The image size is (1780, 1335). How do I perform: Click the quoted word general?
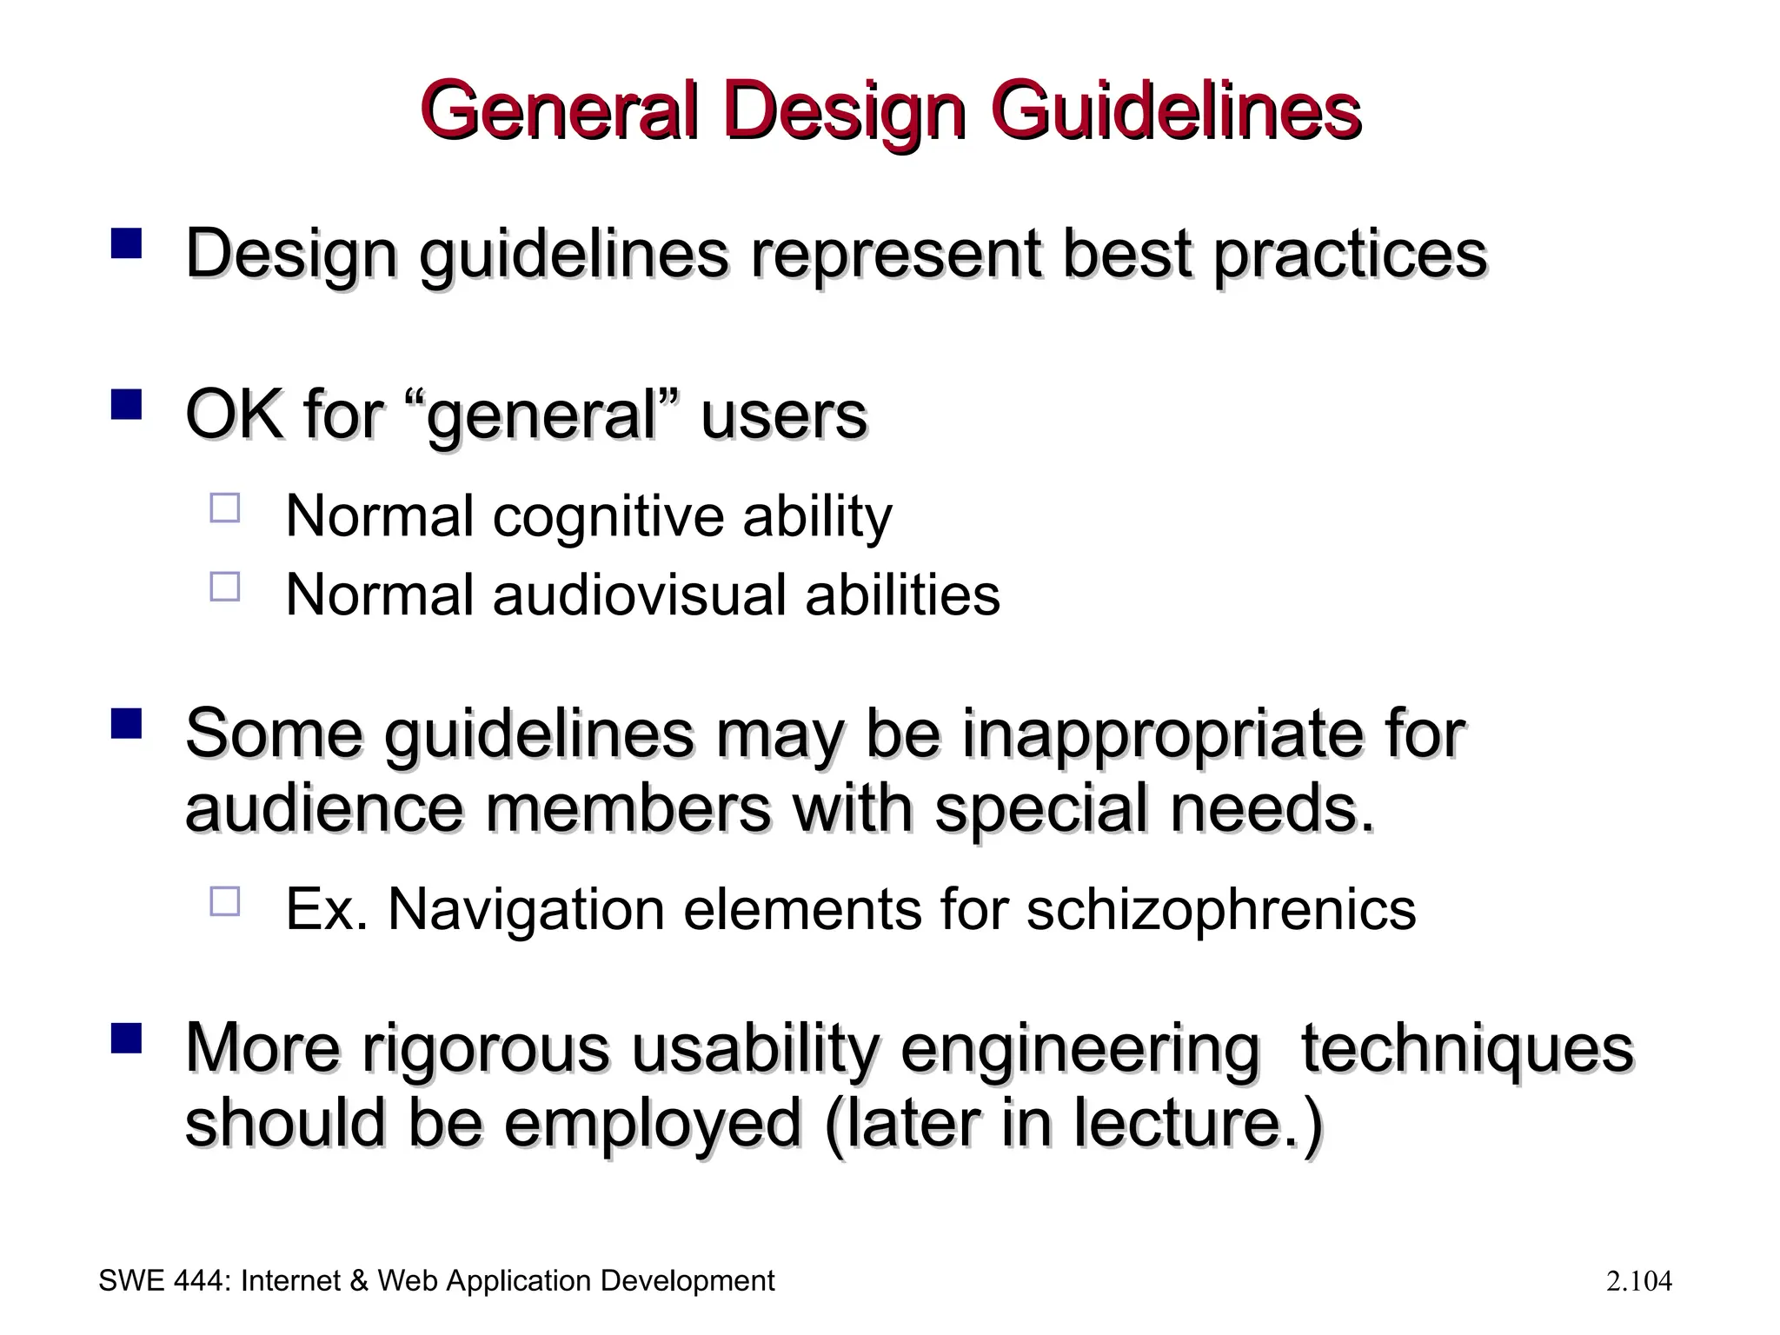tap(542, 415)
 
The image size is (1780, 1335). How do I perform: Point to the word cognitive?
tap(607, 516)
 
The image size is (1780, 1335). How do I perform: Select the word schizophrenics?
tap(1221, 910)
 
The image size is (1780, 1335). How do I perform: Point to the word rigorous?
tap(485, 1048)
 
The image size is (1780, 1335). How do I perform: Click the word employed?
tap(653, 1124)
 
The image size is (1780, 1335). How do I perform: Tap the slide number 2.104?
tap(1639, 1281)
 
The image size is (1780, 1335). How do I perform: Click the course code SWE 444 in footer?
tap(163, 1281)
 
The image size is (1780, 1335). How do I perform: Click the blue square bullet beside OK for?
tap(127, 404)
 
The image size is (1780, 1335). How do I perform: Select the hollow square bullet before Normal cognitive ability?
tap(224, 508)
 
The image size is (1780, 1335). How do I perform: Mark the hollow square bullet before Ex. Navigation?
tap(224, 900)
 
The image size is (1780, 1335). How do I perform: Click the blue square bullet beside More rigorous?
tap(127, 1038)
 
